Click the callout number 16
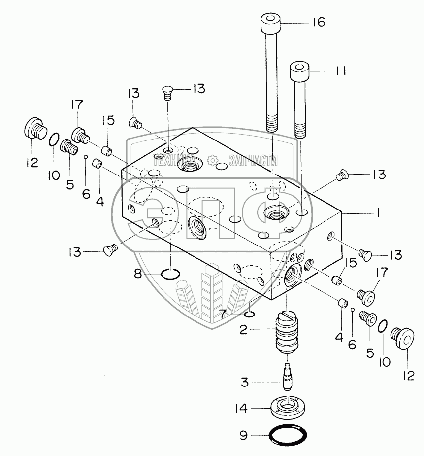coord(319,22)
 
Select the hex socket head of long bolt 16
coord(271,23)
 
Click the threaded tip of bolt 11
coord(300,130)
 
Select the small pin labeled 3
coord(287,377)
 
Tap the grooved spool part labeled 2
coord(287,332)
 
